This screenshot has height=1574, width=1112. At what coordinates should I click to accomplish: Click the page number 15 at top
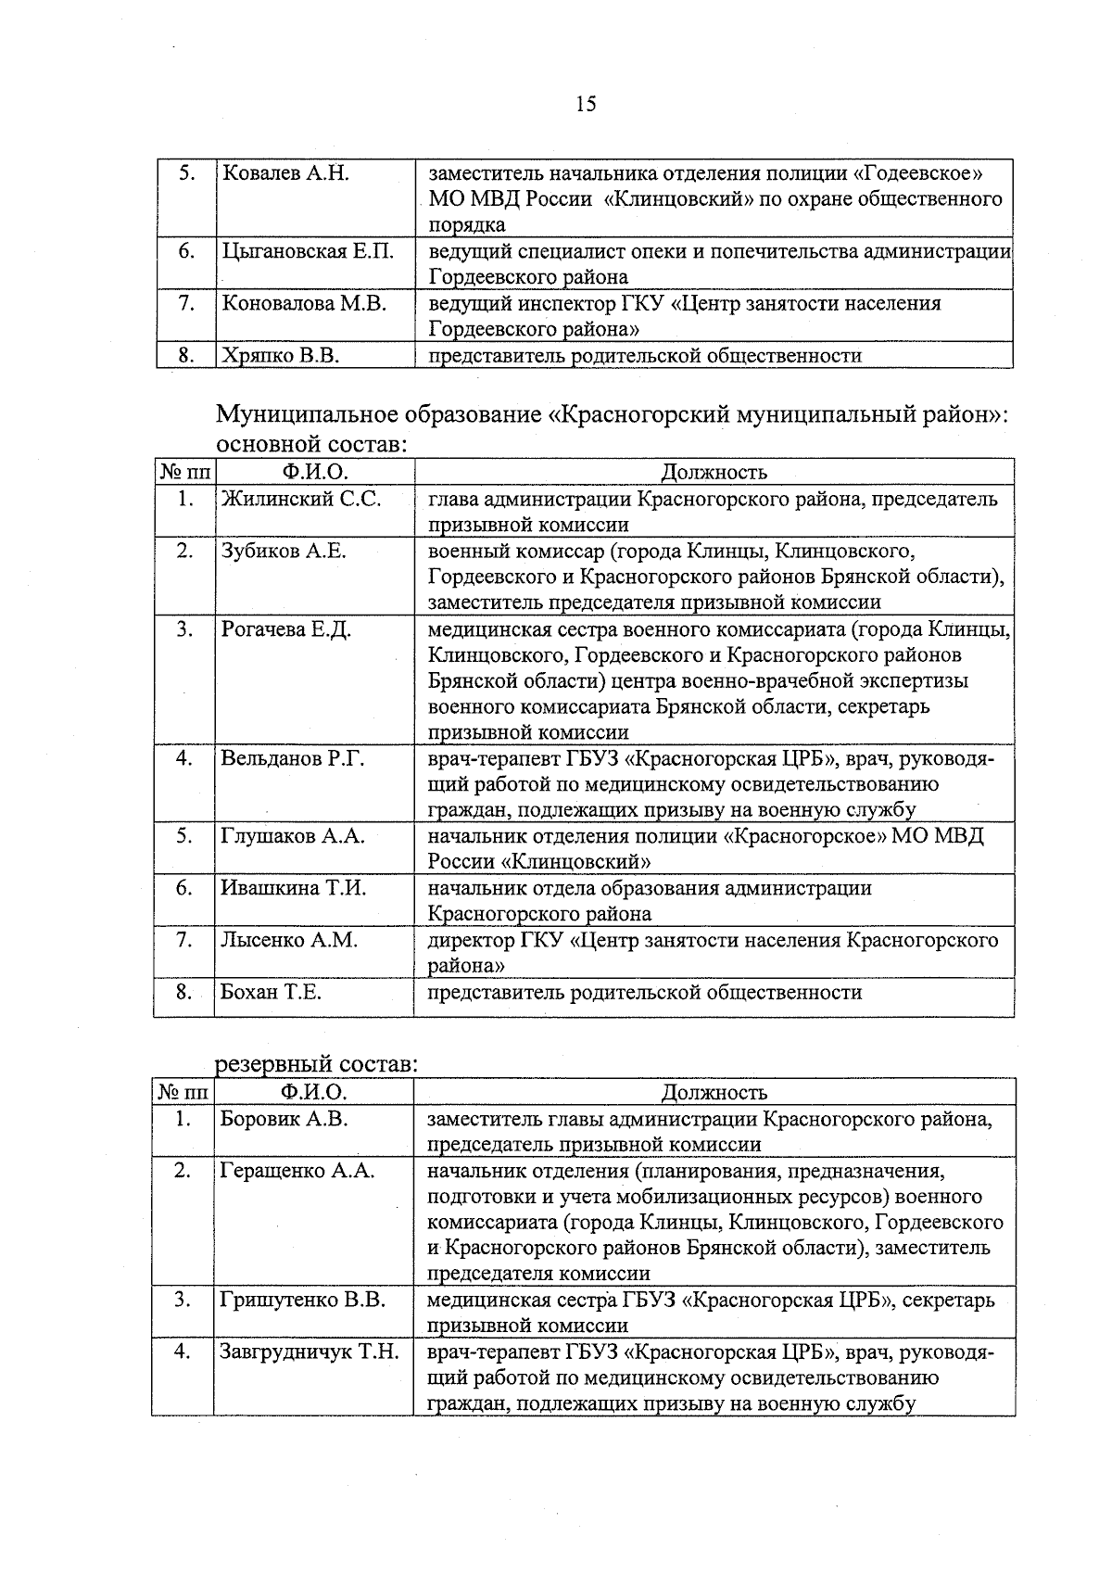586,104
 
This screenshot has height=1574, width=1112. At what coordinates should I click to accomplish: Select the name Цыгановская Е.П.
308,251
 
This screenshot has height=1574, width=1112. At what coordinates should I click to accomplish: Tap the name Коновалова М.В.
303,303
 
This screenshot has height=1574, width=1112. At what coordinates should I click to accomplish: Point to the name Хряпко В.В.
279,355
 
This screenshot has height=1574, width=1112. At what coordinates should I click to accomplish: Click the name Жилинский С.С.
300,499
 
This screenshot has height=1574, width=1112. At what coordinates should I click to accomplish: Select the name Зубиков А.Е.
283,551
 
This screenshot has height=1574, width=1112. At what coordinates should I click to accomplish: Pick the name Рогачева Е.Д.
285,629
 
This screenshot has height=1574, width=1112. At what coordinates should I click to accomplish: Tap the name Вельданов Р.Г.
293,758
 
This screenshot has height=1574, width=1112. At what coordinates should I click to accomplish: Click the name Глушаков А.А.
292,836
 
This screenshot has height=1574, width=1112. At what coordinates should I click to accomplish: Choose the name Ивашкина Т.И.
293,888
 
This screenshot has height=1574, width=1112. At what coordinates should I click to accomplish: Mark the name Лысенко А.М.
288,940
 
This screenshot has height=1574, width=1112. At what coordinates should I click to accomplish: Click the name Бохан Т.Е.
271,993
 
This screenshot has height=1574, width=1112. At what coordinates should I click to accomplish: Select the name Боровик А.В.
284,1119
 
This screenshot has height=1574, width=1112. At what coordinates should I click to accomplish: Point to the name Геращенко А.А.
297,1171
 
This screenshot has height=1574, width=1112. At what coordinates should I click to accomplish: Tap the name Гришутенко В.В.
302,1300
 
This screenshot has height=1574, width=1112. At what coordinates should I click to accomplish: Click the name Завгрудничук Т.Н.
309,1352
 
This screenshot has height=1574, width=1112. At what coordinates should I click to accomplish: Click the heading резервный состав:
317,1065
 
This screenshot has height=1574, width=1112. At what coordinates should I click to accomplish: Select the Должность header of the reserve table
714,1092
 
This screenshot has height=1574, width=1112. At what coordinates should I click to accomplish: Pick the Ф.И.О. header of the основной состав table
314,472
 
